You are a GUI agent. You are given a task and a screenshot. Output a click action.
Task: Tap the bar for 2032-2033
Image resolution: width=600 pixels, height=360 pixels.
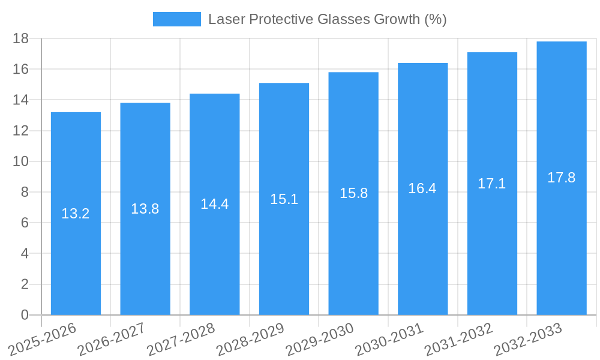coord(562,240)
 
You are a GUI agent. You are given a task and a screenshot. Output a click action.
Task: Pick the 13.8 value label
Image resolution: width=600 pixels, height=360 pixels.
coord(145,209)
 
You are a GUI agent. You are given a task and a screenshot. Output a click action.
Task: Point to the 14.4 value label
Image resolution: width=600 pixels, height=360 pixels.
coord(214,204)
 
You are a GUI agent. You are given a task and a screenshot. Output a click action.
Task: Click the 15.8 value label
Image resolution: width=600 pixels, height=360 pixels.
coord(353,193)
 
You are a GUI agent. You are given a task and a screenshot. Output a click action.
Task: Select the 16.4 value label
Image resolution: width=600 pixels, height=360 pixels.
coord(422,188)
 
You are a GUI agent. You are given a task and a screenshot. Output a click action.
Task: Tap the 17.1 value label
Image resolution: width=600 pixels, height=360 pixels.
coord(492,184)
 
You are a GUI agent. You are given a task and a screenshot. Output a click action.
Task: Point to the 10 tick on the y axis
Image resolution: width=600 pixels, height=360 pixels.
coord(20,161)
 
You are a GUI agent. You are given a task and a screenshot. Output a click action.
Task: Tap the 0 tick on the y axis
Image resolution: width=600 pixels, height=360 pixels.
coord(25,315)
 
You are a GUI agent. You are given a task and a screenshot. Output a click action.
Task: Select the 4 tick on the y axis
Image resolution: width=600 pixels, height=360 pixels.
coord(25,254)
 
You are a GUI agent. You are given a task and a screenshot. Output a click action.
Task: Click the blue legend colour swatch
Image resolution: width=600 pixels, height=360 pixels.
coord(177,19)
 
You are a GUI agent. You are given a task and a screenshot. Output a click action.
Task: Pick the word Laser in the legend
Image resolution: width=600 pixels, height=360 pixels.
coord(225,19)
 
